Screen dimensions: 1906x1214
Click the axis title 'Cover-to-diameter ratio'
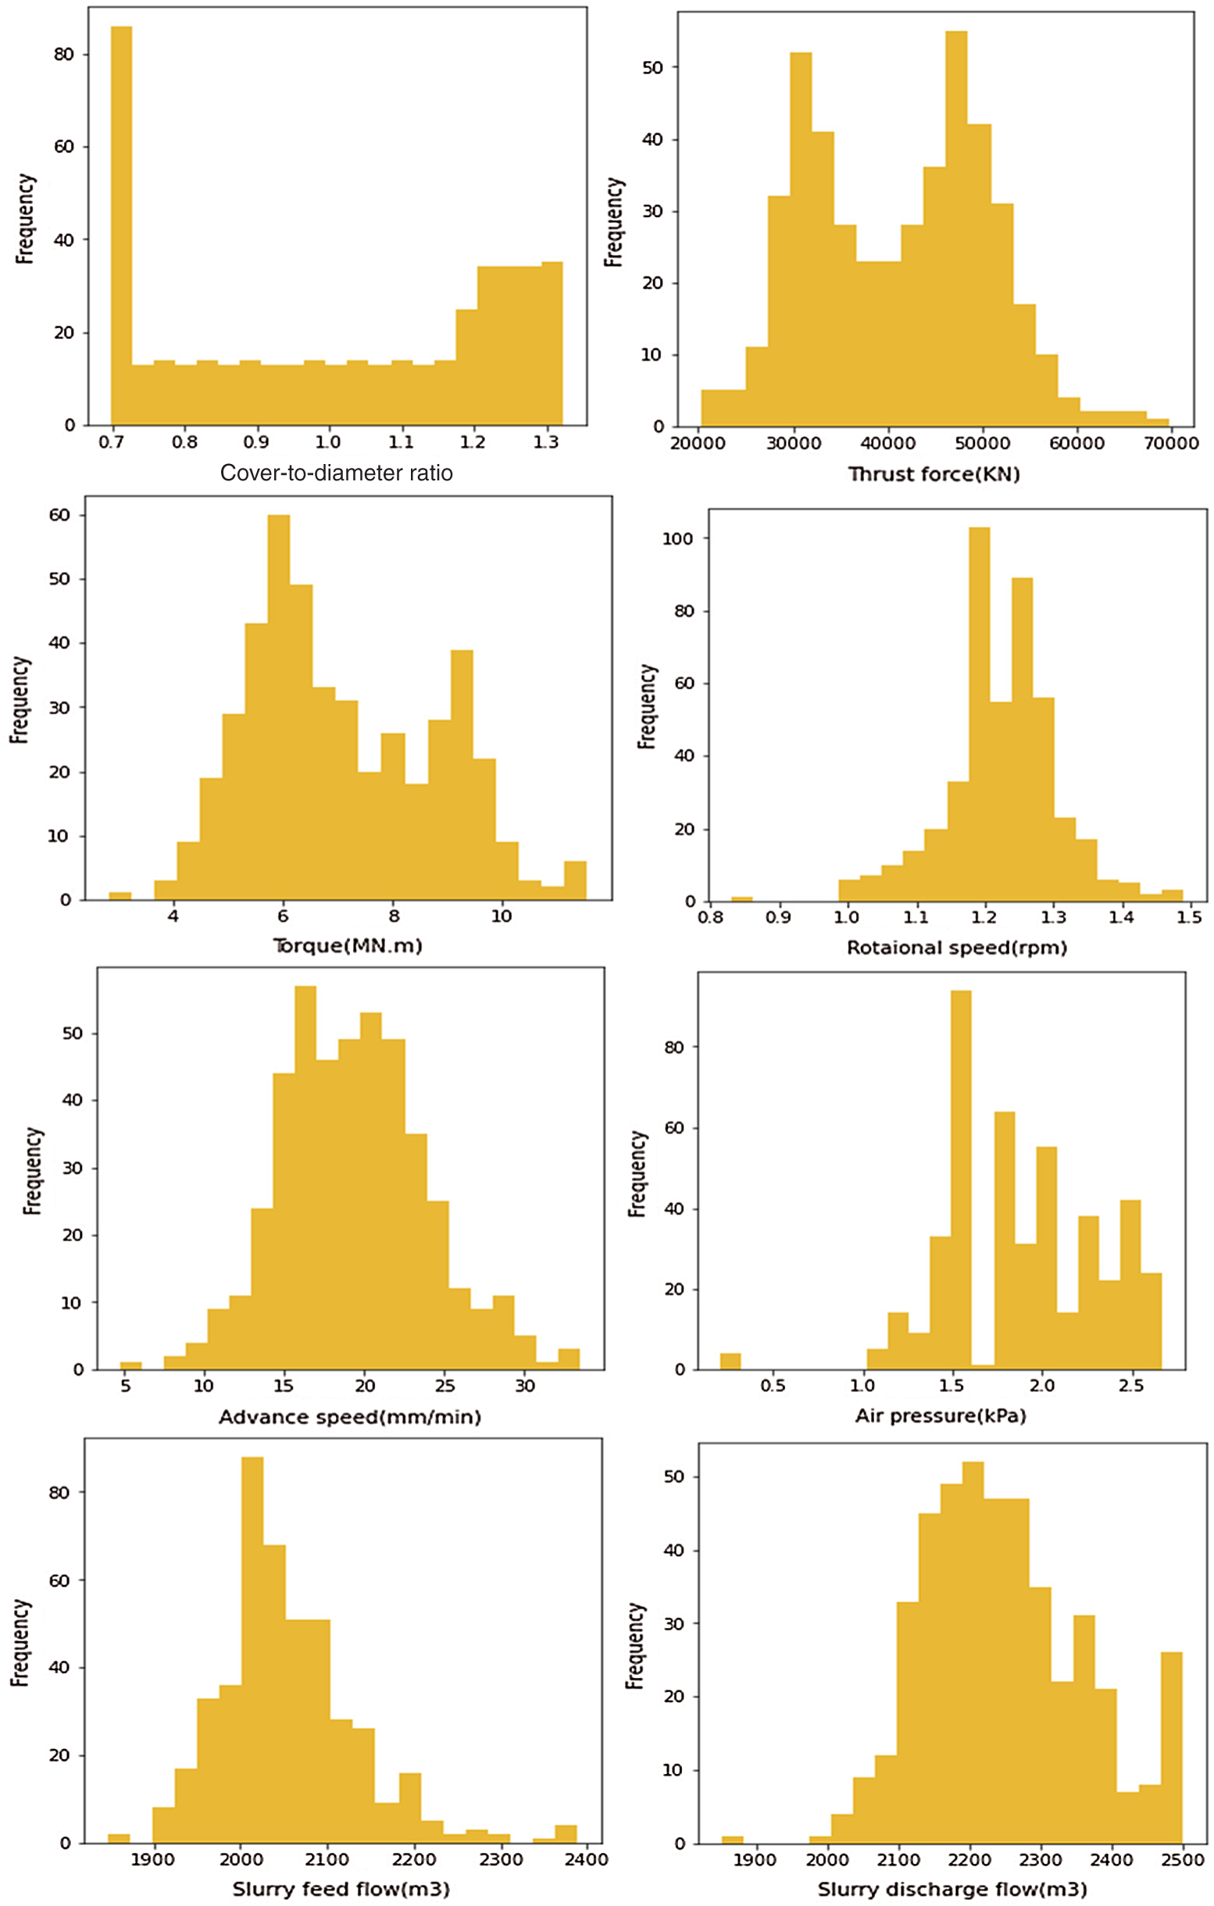click(x=337, y=473)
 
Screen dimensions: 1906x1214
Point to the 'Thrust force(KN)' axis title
click(x=934, y=474)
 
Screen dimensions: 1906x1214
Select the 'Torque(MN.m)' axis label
click(x=348, y=945)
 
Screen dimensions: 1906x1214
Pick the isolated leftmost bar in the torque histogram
click(x=120, y=896)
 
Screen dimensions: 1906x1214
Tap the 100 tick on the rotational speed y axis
click(x=677, y=539)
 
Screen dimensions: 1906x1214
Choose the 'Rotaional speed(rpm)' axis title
click(x=957, y=948)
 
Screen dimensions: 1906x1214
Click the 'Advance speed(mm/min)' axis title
click(x=349, y=1417)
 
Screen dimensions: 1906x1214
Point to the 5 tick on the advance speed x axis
click(x=125, y=1386)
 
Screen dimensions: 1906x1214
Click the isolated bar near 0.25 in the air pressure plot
click(x=730, y=1362)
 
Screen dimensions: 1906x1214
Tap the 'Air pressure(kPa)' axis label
click(x=940, y=1415)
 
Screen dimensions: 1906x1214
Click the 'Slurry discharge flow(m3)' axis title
click(x=952, y=1890)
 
